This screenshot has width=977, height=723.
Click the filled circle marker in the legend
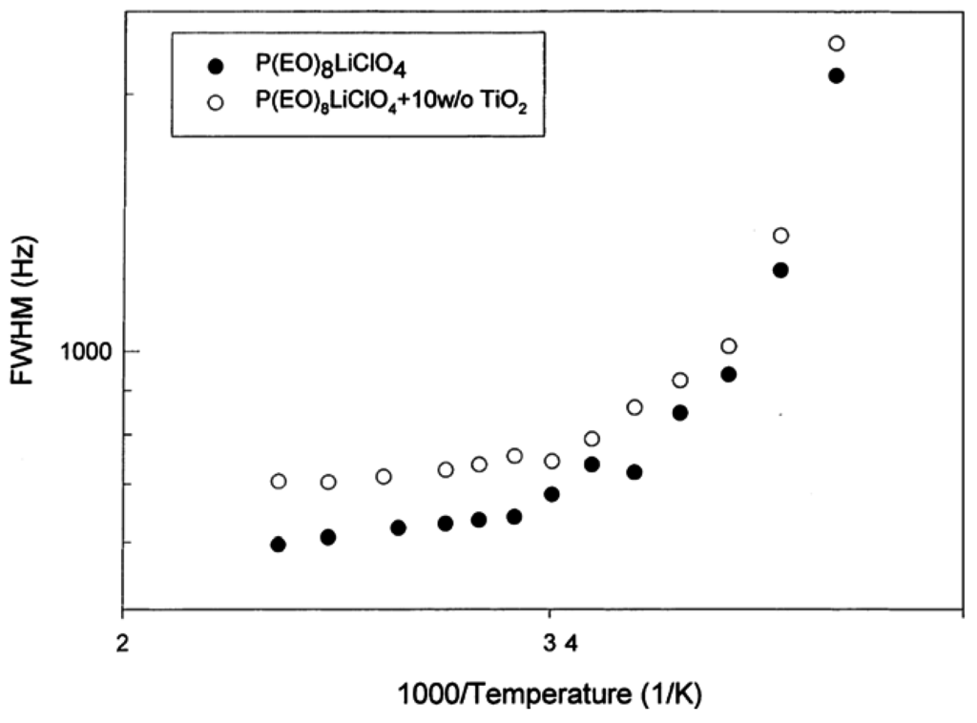pyautogui.click(x=216, y=66)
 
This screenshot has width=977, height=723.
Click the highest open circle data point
pyautogui.click(x=837, y=44)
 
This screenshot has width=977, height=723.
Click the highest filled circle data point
pyautogui.click(x=836, y=75)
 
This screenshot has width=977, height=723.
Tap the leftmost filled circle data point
pyautogui.click(x=279, y=544)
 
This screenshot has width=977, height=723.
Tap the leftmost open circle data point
pyautogui.click(x=279, y=481)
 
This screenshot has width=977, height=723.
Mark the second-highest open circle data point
pyautogui.click(x=780, y=236)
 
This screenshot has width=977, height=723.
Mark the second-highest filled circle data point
pyautogui.click(x=780, y=270)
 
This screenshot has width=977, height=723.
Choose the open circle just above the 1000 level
pyautogui.click(x=729, y=346)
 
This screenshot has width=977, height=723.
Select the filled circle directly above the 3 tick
pyautogui.click(x=551, y=494)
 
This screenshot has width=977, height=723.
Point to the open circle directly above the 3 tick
pyautogui.click(x=551, y=462)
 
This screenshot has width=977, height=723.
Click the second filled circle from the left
pyautogui.click(x=328, y=537)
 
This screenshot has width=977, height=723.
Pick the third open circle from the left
pyautogui.click(x=384, y=476)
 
